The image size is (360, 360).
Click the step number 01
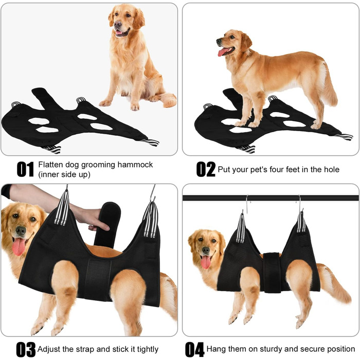25,169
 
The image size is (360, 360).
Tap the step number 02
206,169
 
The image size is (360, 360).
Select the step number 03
26,349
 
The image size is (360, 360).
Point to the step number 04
195,349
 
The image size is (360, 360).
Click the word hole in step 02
332,169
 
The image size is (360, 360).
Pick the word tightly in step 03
148,349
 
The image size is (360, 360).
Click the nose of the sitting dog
118,24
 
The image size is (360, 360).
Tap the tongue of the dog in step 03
19,246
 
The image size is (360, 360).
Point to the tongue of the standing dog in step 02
223,51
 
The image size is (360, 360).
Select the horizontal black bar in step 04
271,198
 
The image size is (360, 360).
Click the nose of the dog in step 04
206,250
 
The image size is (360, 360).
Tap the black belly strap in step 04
272,273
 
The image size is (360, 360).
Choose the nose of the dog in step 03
21,230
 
